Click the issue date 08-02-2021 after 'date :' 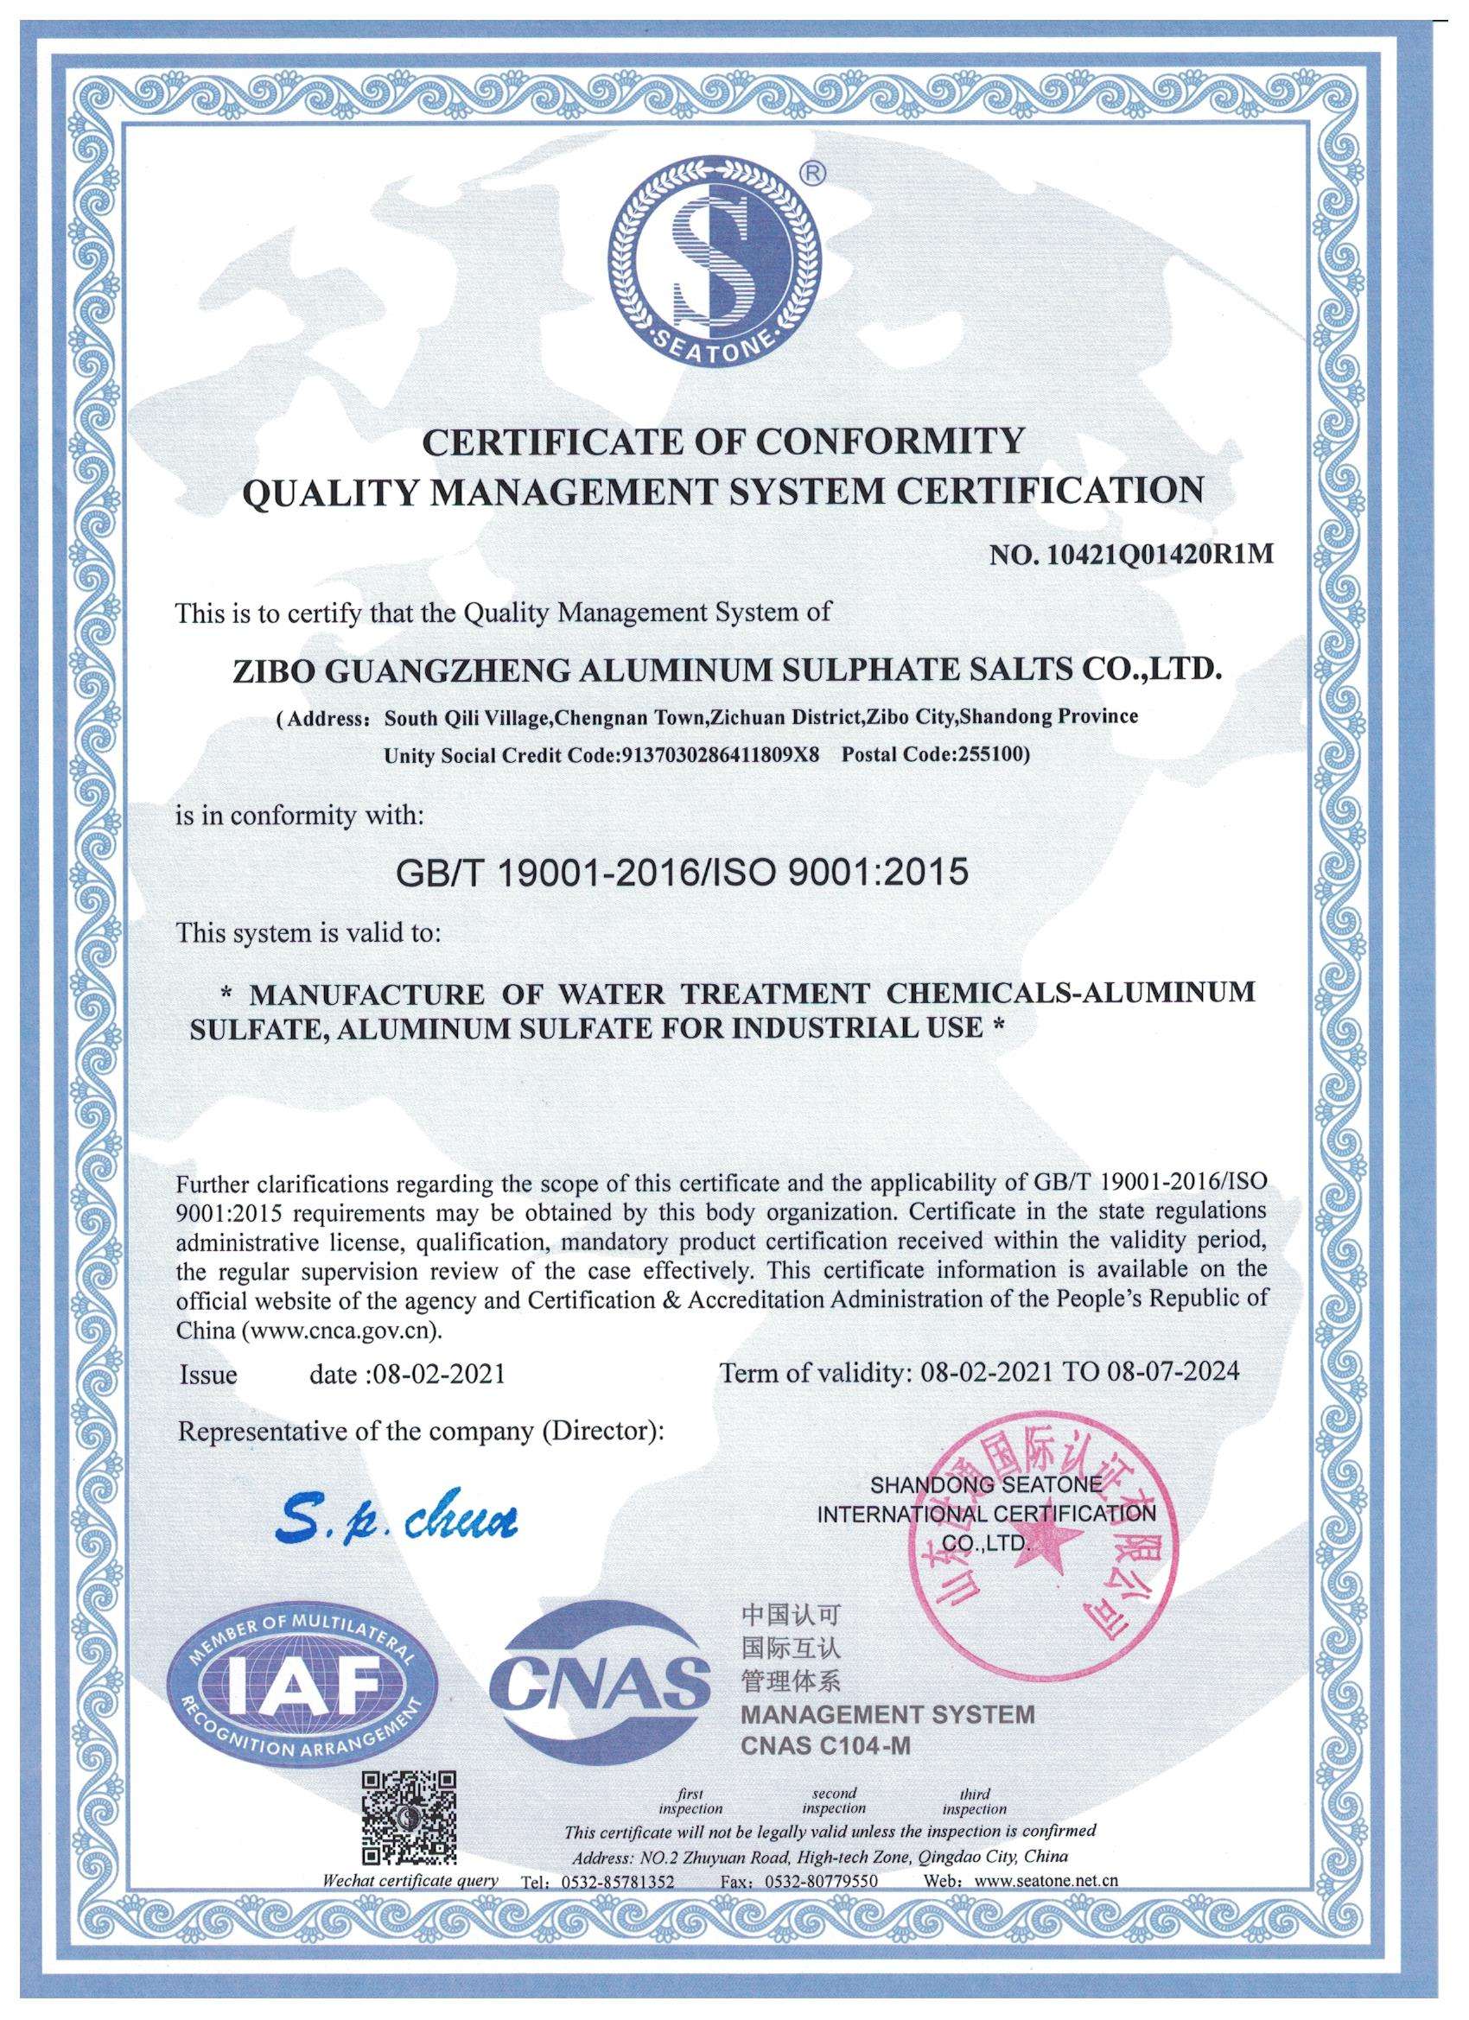coord(436,1374)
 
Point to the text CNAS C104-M coord(825,1771)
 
